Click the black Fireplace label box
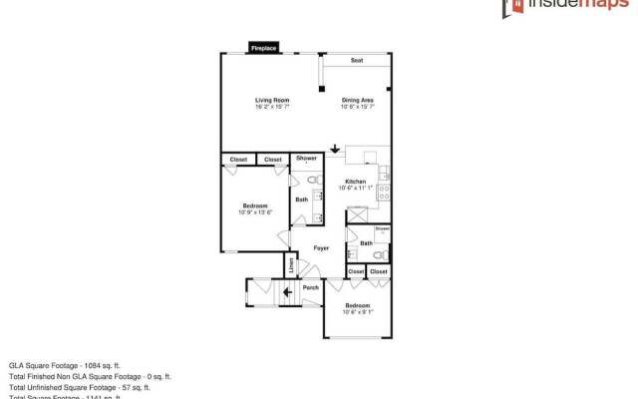263,47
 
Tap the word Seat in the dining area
357,61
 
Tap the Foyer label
321,247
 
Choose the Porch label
311,288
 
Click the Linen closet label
291,266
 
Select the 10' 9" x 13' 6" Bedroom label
255,208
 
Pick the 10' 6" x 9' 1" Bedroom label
358,307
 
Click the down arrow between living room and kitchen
335,151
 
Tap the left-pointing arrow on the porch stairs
287,292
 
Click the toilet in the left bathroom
312,180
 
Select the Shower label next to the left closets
306,159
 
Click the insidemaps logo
563,9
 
